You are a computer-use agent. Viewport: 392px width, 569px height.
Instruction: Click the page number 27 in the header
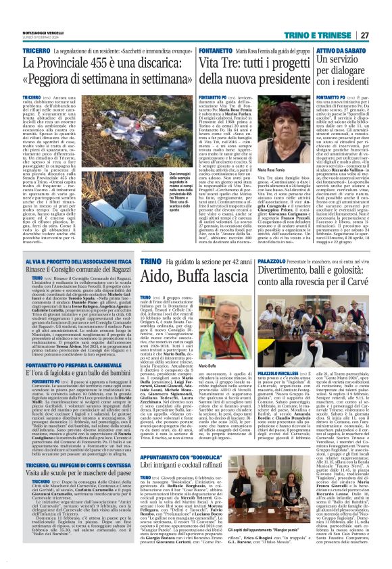(x=381, y=16)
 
